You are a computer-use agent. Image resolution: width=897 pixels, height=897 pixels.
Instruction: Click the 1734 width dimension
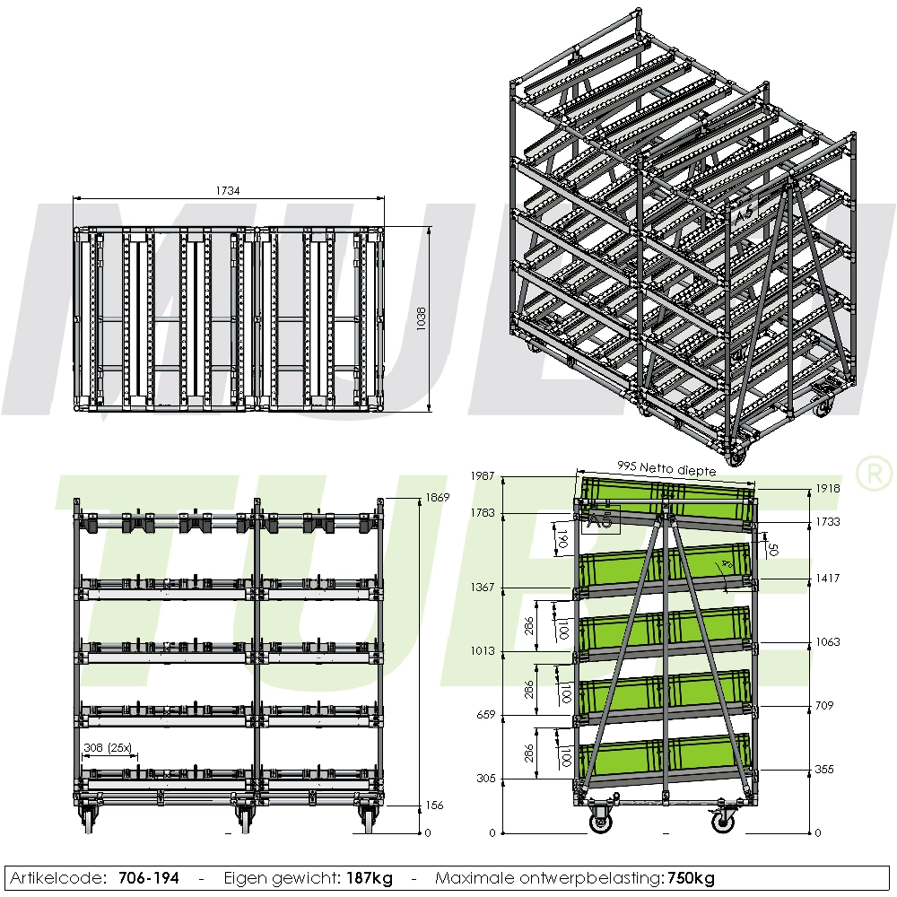pos(227,191)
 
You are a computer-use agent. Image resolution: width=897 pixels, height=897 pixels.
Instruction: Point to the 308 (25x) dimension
pos(107,746)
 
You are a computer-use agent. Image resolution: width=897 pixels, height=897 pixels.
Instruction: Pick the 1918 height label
pos(828,489)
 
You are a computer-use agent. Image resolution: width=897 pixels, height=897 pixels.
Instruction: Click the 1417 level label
pos(828,579)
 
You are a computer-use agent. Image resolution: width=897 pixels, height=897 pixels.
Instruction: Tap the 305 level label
pos(485,779)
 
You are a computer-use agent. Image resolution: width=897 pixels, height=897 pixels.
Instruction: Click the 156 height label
pos(433,805)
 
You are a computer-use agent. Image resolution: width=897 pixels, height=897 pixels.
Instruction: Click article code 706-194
pos(148,878)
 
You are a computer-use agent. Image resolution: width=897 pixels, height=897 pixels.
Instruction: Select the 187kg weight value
pos(370,878)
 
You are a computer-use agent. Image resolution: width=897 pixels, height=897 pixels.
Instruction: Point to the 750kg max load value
pos(691,878)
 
